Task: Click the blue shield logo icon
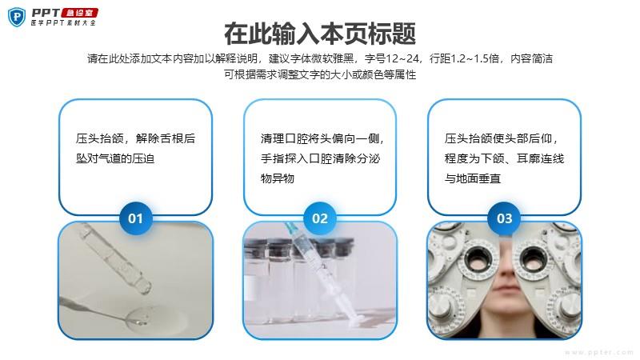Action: click(x=17, y=18)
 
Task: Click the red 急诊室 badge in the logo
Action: click(x=79, y=13)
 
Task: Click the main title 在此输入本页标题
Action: click(x=320, y=34)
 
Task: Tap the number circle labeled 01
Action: click(x=135, y=218)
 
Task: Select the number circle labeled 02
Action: click(x=319, y=218)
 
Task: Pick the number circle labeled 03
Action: click(x=504, y=218)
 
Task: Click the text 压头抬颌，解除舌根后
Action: click(x=135, y=138)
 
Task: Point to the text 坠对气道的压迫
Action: click(x=115, y=158)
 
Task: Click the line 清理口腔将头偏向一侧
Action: click(x=322, y=138)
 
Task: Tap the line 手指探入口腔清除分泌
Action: click(x=321, y=158)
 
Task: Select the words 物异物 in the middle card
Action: click(x=278, y=178)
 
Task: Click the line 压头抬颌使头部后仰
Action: click(x=501, y=138)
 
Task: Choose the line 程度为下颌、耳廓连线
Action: click(x=505, y=158)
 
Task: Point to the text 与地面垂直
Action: click(x=473, y=178)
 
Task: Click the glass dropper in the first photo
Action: click(x=116, y=258)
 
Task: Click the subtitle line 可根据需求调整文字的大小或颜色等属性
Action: click(x=320, y=74)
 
